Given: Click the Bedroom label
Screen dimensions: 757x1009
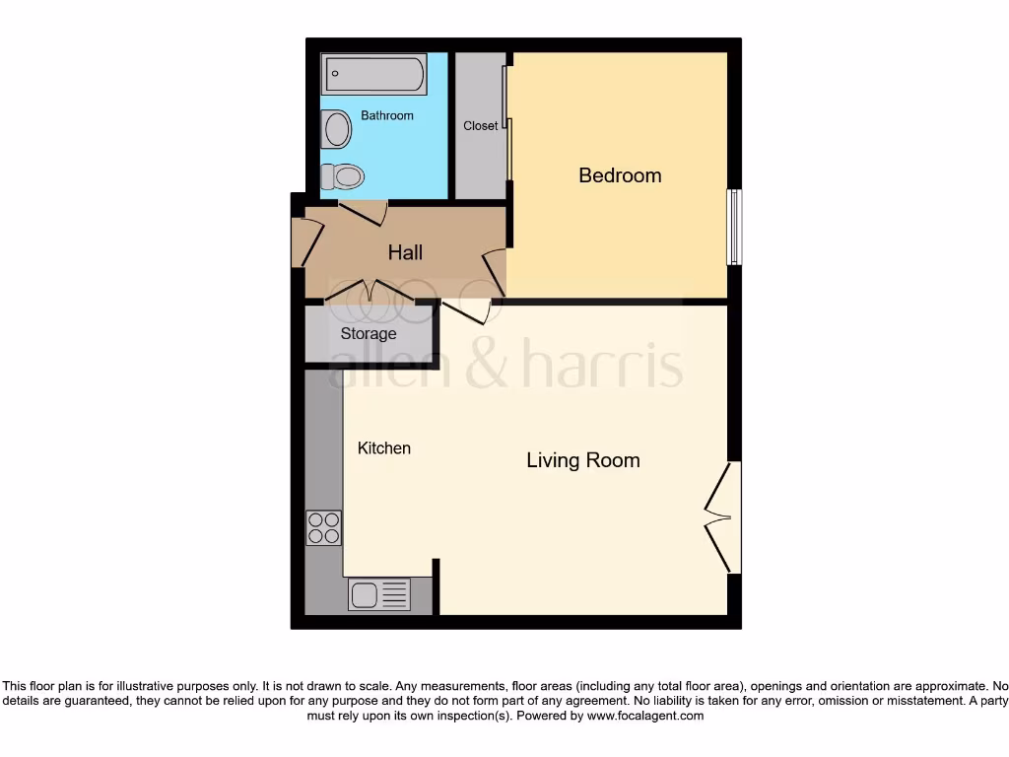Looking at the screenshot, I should click(x=620, y=175).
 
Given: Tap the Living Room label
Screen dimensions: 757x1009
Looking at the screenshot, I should click(x=582, y=460).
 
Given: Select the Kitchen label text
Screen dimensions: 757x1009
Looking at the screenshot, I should click(x=383, y=448).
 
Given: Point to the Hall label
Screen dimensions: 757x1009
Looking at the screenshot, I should click(x=405, y=253).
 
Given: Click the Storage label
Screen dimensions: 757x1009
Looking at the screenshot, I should click(x=369, y=334).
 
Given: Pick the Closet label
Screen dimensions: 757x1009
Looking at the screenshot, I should click(x=481, y=126).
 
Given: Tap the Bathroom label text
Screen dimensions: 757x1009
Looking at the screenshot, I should click(x=387, y=116).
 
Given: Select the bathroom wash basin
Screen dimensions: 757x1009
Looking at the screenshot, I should click(x=337, y=128).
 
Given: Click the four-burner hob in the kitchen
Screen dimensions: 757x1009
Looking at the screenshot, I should click(x=324, y=527).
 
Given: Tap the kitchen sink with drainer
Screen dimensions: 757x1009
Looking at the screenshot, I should click(x=379, y=594).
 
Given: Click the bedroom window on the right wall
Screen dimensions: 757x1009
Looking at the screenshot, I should click(x=734, y=227).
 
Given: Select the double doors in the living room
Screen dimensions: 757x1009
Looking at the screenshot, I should click(x=723, y=516).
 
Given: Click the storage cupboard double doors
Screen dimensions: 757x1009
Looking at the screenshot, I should click(x=370, y=291).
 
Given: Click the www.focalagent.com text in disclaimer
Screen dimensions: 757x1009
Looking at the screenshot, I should click(x=645, y=716).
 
